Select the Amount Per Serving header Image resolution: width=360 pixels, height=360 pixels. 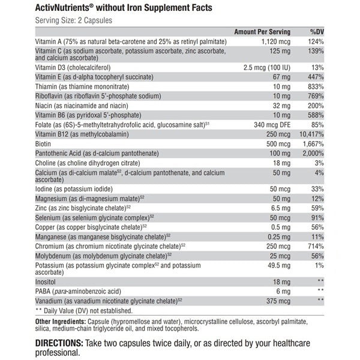click(x=262, y=31)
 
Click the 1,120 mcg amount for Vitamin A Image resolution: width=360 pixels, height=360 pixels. click(x=276, y=41)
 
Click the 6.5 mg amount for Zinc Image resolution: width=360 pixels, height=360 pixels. click(x=280, y=208)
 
